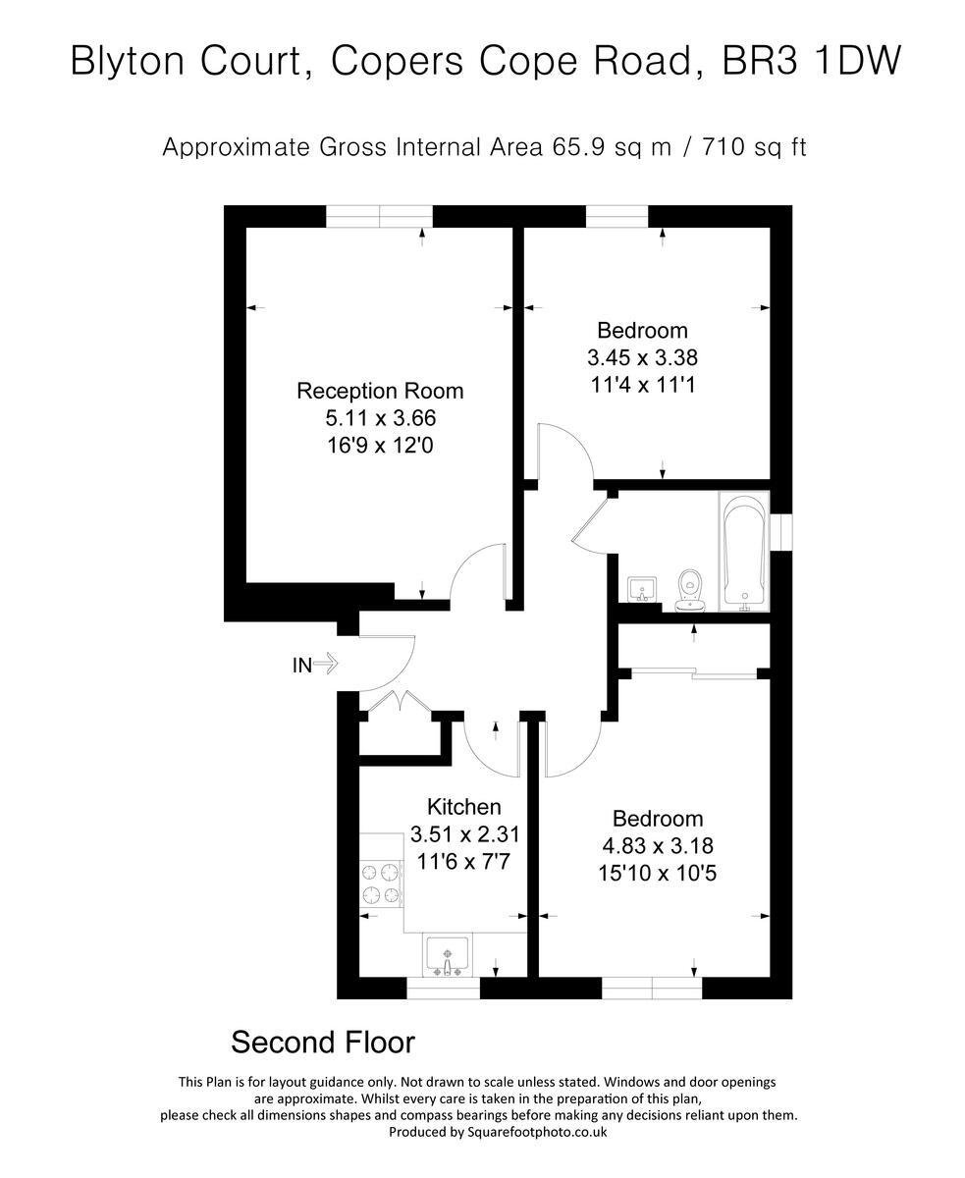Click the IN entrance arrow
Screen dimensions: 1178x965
pos(326,666)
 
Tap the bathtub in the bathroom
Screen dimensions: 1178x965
pos(743,552)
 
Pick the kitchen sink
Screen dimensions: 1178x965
pos(449,954)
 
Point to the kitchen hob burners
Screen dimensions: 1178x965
pos(382,883)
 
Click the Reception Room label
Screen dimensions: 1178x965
pos(380,391)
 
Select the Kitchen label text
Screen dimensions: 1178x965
pos(464,807)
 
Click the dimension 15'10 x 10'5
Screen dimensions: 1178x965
pos(658,872)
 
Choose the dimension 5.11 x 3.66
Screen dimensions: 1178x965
pos(380,418)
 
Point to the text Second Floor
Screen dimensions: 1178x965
pos(322,1042)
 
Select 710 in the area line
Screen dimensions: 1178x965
pos(698,148)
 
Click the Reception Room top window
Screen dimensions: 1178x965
pos(379,216)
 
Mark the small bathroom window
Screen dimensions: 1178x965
pos(781,531)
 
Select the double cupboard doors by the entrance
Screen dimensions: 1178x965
pos(399,702)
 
